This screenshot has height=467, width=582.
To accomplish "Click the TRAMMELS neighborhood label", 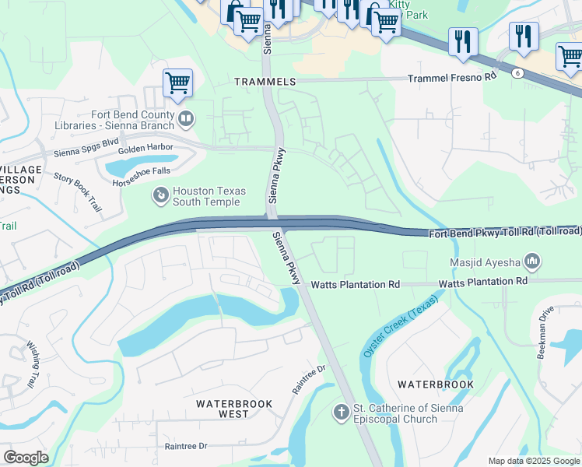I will coord(265,82).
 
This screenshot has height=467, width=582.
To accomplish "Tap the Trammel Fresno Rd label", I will coord(452,78).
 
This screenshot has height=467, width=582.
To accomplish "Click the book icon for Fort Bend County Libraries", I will coord(186,119).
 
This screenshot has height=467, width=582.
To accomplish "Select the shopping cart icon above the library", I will coord(177,82).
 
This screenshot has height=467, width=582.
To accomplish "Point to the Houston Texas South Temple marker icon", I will coord(160,195).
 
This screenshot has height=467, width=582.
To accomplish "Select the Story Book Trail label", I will coord(79,193).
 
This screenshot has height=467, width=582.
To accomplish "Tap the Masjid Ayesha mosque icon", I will coord(533,260).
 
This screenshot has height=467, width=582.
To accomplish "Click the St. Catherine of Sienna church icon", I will coord(341,411).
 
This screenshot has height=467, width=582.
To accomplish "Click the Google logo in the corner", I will coord(26,458).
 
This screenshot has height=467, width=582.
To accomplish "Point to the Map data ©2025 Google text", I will coord(533,461).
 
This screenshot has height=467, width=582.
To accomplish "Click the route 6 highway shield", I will coord(516,72).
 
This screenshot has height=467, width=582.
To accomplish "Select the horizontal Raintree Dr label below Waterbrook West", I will coord(186,447).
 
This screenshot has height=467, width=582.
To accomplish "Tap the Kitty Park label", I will coord(408,9).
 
